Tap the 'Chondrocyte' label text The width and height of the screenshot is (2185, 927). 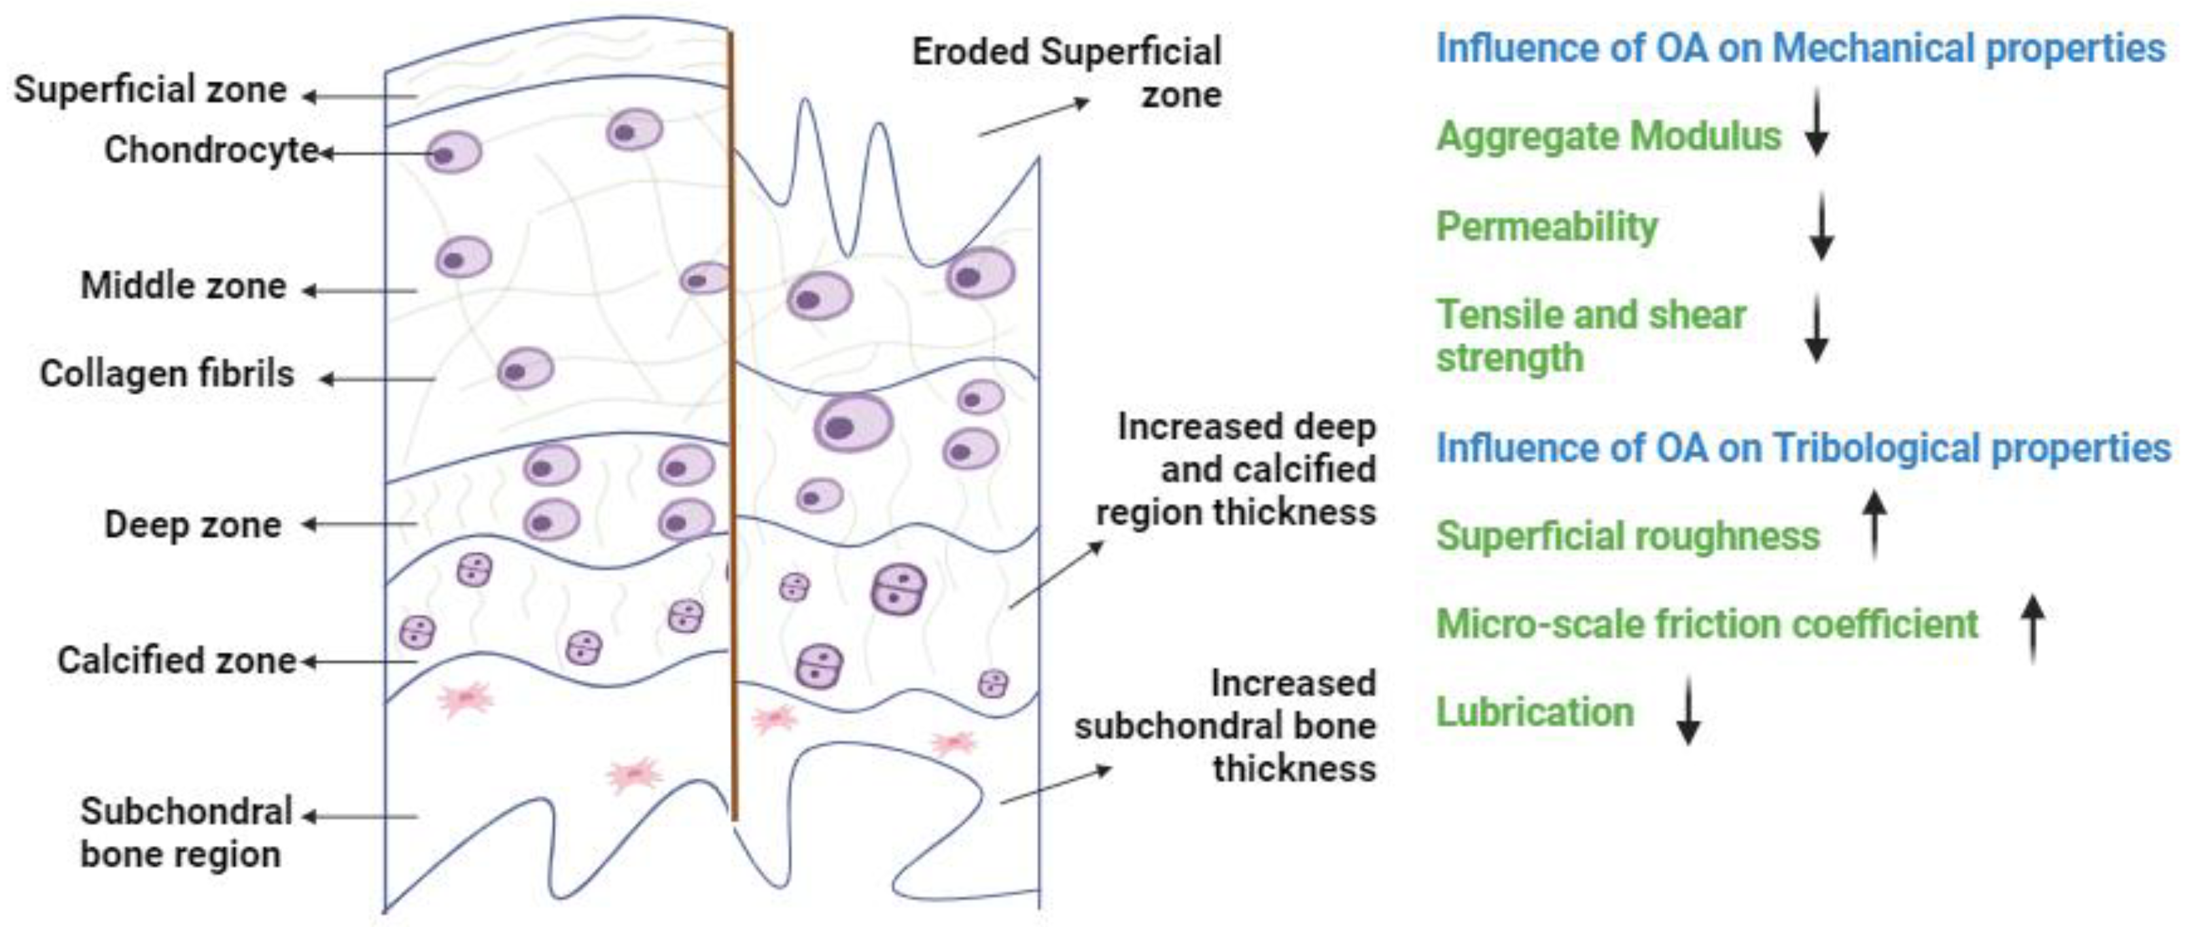pos(211,150)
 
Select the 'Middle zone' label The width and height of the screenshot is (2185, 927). pos(183,286)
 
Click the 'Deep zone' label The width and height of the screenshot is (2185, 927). pos(192,525)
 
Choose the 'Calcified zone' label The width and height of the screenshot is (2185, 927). pos(177,661)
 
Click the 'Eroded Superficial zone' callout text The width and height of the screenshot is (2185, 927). pos(1067,73)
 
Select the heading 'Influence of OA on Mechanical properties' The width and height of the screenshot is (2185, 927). pos(1800,48)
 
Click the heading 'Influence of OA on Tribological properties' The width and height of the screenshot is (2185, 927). pos(1802,449)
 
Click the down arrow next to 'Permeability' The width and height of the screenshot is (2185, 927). pos(1821,226)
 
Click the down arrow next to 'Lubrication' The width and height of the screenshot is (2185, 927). pos(1688,710)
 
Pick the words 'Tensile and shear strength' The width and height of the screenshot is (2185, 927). pos(1590,336)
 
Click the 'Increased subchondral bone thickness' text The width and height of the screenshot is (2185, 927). pos(1226,726)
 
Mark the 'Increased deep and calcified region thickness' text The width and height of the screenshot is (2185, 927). pos(1236,470)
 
